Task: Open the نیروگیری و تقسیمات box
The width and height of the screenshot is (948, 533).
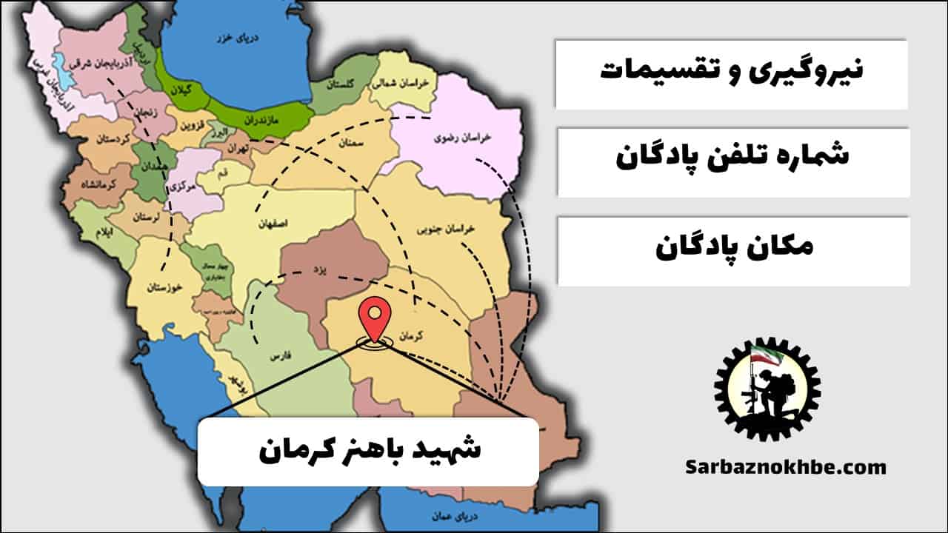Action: click(732, 73)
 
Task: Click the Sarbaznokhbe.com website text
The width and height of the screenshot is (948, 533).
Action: click(785, 467)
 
